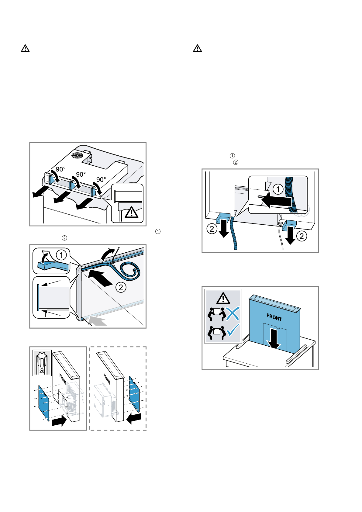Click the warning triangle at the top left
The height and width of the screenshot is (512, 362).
pyautogui.click(x=25, y=48)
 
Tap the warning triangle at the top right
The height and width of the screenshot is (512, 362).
pyautogui.click(x=197, y=48)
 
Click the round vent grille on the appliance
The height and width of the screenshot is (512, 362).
pyautogui.click(x=77, y=155)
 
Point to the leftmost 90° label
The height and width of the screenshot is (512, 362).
pyautogui.click(x=60, y=169)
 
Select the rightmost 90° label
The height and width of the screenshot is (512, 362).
pyautogui.click(x=101, y=179)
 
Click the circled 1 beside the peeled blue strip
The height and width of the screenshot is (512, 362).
pyautogui.click(x=61, y=255)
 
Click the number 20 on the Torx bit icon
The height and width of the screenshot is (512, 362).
pyautogui.click(x=42, y=371)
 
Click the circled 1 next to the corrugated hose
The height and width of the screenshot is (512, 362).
pyautogui.click(x=278, y=189)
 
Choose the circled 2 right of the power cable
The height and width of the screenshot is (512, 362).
pyautogui.click(x=302, y=236)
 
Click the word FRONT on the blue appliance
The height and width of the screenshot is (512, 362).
pyautogui.click(x=274, y=317)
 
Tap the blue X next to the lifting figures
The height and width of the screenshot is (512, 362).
pyautogui.click(x=233, y=314)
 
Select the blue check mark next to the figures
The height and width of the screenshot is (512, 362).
pyautogui.click(x=233, y=330)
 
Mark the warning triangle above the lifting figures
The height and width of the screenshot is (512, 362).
pyautogui.click(x=223, y=298)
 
